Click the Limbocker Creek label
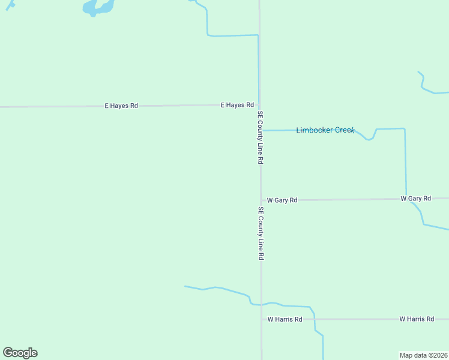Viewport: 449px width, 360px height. click(325, 130)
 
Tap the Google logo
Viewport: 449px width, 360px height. click(20, 353)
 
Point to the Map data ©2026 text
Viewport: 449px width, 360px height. click(424, 355)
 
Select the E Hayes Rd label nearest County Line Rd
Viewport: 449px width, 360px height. click(237, 105)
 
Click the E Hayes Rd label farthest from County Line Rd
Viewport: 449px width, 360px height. click(121, 106)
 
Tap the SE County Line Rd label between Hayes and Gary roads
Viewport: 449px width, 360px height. click(261, 137)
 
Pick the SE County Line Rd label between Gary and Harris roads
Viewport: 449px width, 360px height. click(261, 233)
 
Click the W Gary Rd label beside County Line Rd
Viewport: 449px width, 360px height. click(282, 200)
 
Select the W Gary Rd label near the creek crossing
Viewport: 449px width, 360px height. click(415, 198)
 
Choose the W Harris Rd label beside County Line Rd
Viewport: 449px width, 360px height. click(285, 319)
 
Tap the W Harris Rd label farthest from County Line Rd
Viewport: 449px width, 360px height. click(417, 319)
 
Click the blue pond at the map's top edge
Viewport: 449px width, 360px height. click(98, 7)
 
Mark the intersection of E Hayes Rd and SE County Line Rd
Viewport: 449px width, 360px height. click(260, 105)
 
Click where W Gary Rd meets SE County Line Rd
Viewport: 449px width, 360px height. click(261, 200)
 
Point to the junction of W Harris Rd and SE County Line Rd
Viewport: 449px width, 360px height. click(261, 319)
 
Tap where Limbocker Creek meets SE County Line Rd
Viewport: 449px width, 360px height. click(261, 130)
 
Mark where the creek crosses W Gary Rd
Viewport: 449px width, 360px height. click(407, 199)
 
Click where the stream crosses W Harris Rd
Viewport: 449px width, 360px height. click(315, 319)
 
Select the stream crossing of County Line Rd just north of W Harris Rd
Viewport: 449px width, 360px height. click(261, 304)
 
